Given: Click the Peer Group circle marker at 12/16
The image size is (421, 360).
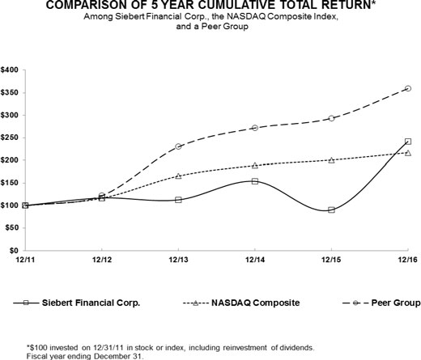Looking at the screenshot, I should (x=408, y=88).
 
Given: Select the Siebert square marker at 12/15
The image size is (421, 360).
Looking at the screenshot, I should (x=331, y=210).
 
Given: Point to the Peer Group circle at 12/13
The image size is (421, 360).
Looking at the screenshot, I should (x=178, y=146).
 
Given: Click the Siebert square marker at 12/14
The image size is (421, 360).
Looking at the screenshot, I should (x=255, y=181).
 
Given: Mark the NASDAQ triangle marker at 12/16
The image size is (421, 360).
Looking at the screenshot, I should (x=408, y=152).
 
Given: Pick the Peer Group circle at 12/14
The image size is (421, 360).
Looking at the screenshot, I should (x=255, y=128).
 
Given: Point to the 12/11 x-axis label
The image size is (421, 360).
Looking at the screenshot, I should (x=24, y=259).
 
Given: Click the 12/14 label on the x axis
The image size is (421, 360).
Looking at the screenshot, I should (x=254, y=259).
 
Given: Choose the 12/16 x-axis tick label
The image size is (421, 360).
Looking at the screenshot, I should (x=407, y=259).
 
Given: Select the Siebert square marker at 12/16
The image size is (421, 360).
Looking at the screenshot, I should (x=408, y=142).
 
